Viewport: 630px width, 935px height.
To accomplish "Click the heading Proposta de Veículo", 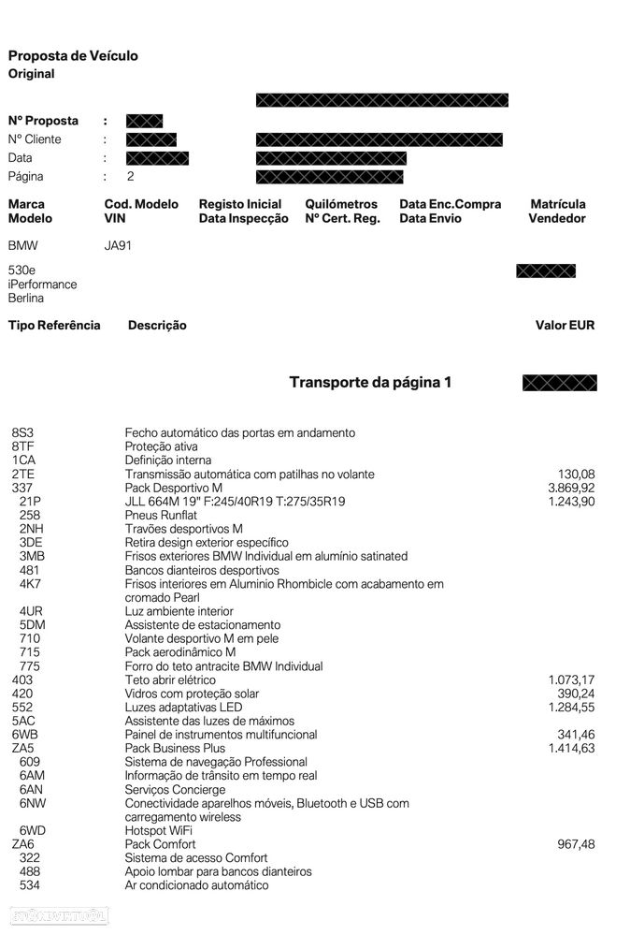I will (x=73, y=56).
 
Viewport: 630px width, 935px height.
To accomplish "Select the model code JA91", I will (x=119, y=247).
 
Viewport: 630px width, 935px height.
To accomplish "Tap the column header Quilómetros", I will (x=341, y=204).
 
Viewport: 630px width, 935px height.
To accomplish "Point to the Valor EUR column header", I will (x=565, y=326).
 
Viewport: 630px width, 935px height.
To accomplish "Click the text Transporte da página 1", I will (x=370, y=383).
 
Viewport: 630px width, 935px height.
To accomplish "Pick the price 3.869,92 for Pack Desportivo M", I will (x=571, y=489).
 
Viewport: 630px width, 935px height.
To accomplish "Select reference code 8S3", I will (x=21, y=433).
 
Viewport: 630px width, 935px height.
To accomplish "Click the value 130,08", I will (x=575, y=475).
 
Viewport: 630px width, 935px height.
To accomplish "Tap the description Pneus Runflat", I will (x=160, y=516).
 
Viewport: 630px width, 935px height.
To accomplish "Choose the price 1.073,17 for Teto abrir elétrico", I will (x=571, y=680).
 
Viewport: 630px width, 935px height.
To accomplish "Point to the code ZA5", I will (x=22, y=749).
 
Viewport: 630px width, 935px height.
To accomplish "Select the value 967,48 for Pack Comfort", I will (x=575, y=844).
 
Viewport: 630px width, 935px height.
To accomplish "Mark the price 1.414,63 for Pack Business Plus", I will (x=571, y=749).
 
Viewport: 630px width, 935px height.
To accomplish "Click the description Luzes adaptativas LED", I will (x=183, y=708).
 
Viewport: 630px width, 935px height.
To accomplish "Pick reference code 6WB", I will (x=24, y=735).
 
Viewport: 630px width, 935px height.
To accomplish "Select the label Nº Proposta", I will (x=43, y=121).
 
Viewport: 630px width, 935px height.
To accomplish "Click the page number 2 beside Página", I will (x=131, y=177).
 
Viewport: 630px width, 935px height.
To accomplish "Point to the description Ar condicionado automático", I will (x=196, y=885).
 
